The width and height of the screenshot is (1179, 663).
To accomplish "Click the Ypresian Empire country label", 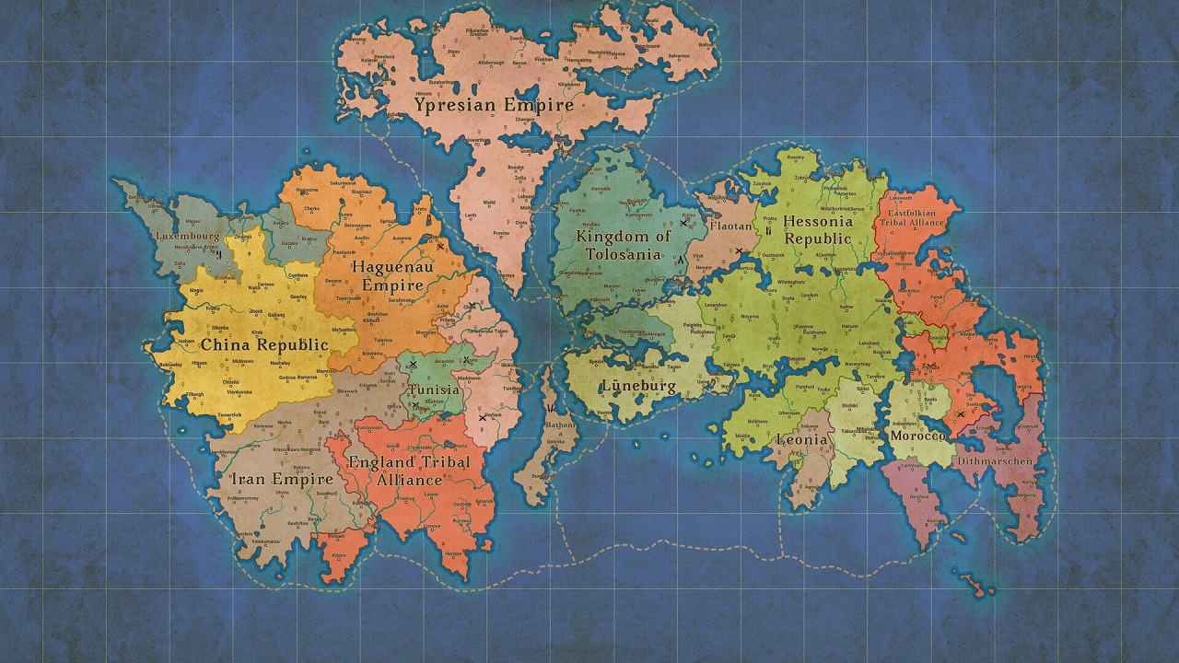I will tap(494, 105).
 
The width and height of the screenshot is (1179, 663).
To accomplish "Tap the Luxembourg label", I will tap(188, 236).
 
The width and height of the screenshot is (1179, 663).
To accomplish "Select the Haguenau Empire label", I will tap(387, 275).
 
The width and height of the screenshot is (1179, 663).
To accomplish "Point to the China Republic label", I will tap(264, 345).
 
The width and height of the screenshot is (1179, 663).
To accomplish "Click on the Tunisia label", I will tap(435, 390).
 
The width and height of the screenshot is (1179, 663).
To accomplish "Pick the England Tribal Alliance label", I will tap(422, 471).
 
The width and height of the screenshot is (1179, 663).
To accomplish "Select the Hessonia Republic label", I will tap(818, 229).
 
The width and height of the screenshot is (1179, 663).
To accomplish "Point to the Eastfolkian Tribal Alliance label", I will tap(915, 217).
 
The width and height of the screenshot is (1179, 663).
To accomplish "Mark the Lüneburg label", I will tap(638, 386).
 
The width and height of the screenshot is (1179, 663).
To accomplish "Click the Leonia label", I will tap(801, 440).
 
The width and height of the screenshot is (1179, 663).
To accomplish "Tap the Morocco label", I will tap(917, 436).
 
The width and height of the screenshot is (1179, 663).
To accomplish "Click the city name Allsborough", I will tap(490, 63).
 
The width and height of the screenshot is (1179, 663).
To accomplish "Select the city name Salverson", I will tap(678, 55).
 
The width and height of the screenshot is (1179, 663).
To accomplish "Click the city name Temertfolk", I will tap(228, 416).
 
